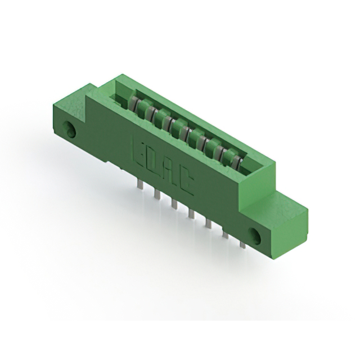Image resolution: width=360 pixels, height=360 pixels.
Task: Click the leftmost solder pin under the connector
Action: tap(140, 184)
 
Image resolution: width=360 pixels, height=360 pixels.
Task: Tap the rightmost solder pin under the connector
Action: tap(242, 244)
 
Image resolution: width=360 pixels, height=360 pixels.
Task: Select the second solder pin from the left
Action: tap(157, 193)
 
